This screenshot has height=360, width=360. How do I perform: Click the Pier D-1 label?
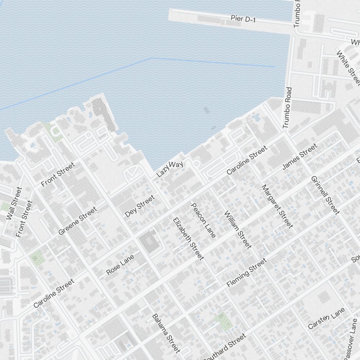(x=243, y=19)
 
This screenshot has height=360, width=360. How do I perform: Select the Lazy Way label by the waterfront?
(x=170, y=169)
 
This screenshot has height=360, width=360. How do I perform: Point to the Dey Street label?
(x=140, y=206)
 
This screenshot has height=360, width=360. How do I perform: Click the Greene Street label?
(x=77, y=221)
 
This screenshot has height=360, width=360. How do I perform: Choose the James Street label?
(x=300, y=156)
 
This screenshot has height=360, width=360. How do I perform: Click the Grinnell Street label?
(x=325, y=195)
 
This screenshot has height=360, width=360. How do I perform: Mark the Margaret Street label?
(x=277, y=206)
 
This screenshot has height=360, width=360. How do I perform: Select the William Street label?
(x=237, y=229)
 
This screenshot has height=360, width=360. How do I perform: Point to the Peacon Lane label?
(x=203, y=220)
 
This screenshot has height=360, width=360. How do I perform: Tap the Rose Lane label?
(x=120, y=265)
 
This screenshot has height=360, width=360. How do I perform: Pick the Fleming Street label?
(x=247, y=273)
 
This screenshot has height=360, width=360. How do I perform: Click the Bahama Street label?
(x=166, y=333)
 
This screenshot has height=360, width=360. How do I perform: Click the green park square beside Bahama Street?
(x=223, y=321)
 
